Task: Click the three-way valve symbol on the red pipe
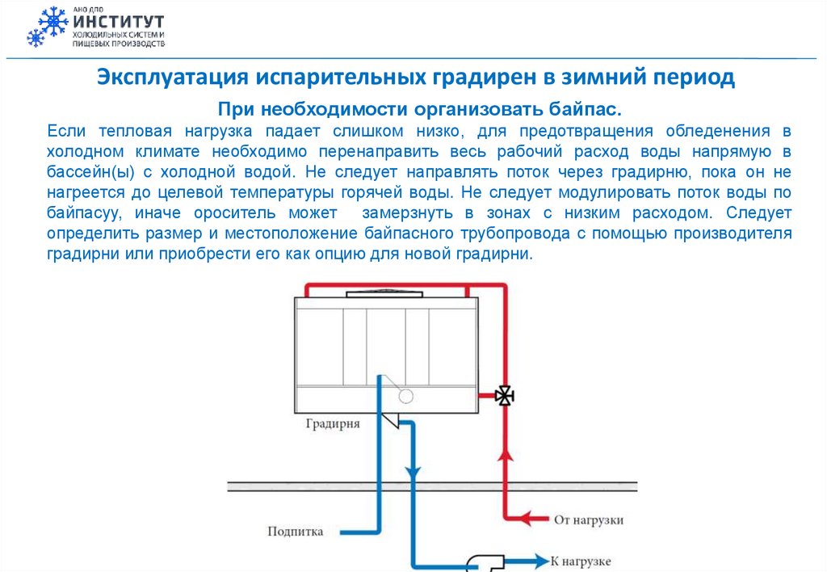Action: pyautogui.click(x=506, y=396)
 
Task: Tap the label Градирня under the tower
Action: pyautogui.click(x=333, y=423)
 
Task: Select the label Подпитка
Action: pyautogui.click(x=295, y=532)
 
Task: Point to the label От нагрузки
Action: pyautogui.click(x=589, y=519)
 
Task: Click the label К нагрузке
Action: pyautogui.click(x=581, y=561)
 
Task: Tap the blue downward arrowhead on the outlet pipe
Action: pyautogui.click(x=413, y=472)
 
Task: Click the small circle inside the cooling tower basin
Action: pyautogui.click(x=406, y=396)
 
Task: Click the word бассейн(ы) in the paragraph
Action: pyautogui.click(x=89, y=172)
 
